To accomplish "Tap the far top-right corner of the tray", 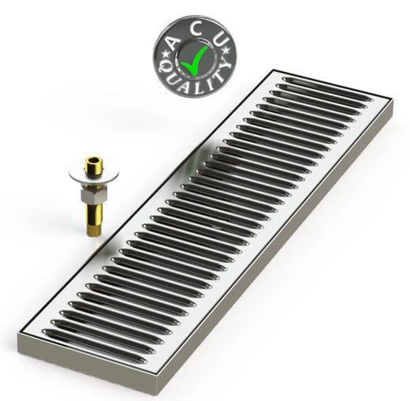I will (x=390, y=100).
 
